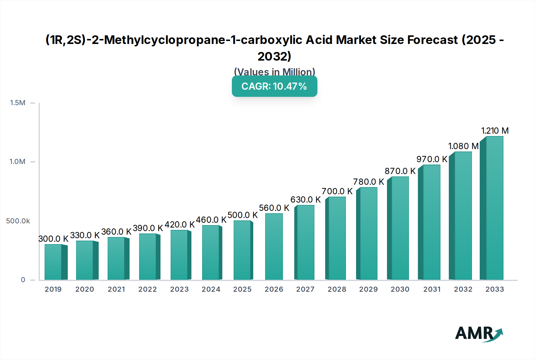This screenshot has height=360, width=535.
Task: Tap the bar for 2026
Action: coord(274,247)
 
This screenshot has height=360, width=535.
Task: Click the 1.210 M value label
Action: coord(495,131)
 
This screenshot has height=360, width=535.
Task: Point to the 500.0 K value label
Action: coord(243,215)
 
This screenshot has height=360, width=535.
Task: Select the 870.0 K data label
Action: coord(400,171)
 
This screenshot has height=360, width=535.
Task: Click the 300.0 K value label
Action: coord(53,239)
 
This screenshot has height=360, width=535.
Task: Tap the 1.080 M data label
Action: coord(463,146)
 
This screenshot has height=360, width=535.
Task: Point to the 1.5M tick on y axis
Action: coord(18,103)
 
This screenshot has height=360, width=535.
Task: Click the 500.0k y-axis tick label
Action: coord(18,221)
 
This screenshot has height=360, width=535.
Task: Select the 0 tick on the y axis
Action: coord(23,280)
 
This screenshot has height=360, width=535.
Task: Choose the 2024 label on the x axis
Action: coord(211,289)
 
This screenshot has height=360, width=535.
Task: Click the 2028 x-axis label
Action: coord(337,289)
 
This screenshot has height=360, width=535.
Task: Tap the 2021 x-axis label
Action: coord(116,289)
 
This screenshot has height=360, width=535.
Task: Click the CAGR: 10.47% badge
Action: coord(274,86)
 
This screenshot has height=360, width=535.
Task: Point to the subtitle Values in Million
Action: coord(274,72)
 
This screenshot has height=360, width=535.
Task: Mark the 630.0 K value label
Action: coord(306,200)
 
